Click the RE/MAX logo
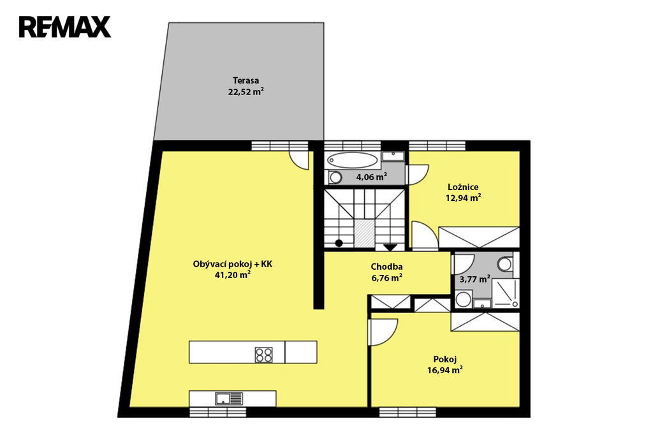click(x=65, y=27)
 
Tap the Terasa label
click(x=246, y=80)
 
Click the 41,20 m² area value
click(x=232, y=274)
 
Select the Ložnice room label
click(x=463, y=187)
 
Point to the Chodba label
click(x=386, y=267)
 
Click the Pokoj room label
click(x=444, y=359)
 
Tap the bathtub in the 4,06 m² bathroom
click(x=352, y=160)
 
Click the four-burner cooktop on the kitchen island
click(x=264, y=355)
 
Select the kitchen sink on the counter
click(x=229, y=399)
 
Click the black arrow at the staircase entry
click(x=390, y=247)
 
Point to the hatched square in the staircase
click(x=363, y=232)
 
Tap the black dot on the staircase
click(x=339, y=243)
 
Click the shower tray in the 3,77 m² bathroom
click(x=506, y=293)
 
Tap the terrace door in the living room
click(x=299, y=160)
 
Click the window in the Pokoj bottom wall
click(x=407, y=411)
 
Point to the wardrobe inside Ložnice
click(x=479, y=237)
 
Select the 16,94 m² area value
click(x=444, y=370)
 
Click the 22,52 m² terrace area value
click(x=246, y=92)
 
